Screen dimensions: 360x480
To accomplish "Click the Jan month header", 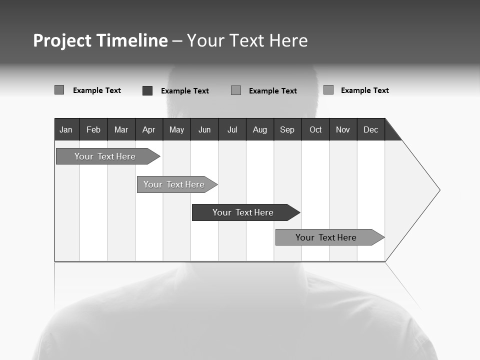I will click(66, 129).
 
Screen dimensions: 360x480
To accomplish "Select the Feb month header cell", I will click(93, 129).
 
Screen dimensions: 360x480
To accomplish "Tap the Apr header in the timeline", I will click(148, 129).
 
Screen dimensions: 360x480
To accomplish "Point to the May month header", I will click(176, 129).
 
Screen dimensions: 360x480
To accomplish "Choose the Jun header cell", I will click(204, 129).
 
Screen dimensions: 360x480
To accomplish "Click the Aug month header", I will click(259, 129).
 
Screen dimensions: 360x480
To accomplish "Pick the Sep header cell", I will click(287, 129).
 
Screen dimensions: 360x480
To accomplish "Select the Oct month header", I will click(315, 129).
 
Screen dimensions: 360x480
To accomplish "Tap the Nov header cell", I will click(343, 129).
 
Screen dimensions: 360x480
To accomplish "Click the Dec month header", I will click(370, 129).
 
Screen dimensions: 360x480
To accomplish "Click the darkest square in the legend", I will click(147, 90).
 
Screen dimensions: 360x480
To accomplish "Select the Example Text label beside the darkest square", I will click(184, 91).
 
